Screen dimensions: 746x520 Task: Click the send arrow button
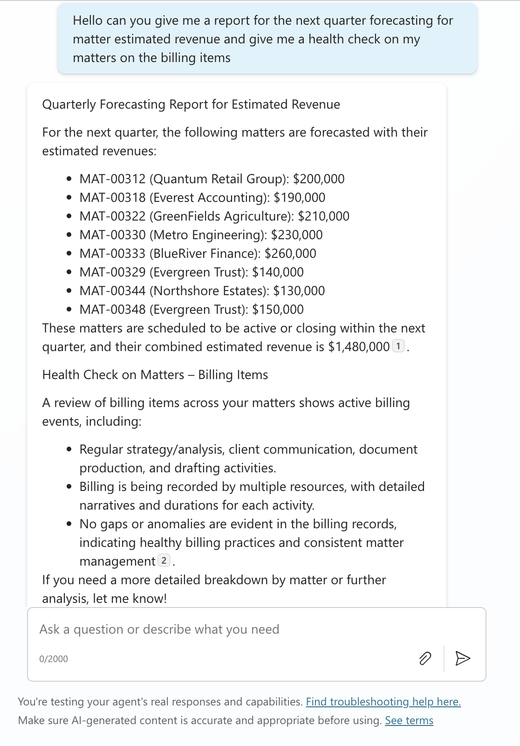coord(462,658)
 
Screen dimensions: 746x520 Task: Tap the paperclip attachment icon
coord(425,658)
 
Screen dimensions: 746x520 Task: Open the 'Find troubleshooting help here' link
coord(383,702)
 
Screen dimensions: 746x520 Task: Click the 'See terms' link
coord(409,720)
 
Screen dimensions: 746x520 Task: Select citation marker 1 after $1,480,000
coord(398,346)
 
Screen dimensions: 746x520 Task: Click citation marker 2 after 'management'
coord(164,560)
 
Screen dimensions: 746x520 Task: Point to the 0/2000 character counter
coord(54,659)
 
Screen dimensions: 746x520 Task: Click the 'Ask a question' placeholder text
coord(159,629)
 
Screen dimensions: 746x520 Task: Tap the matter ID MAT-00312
coord(112,179)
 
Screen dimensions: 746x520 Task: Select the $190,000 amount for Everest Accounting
coord(299,198)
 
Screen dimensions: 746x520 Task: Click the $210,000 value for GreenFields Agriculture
coord(323,216)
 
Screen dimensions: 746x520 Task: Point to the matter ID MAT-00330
coord(112,235)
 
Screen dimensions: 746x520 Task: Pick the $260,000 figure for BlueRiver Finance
coord(290,254)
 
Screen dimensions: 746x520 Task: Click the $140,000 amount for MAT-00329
coord(278,272)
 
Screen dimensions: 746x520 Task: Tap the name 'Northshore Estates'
coord(209,291)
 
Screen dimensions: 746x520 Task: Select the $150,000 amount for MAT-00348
coord(278,310)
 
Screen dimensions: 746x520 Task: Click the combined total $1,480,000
coord(359,347)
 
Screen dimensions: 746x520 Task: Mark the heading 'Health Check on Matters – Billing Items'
coord(155,375)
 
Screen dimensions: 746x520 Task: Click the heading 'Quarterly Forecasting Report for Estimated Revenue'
coord(191,104)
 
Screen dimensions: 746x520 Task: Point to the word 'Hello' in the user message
coord(88,21)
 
